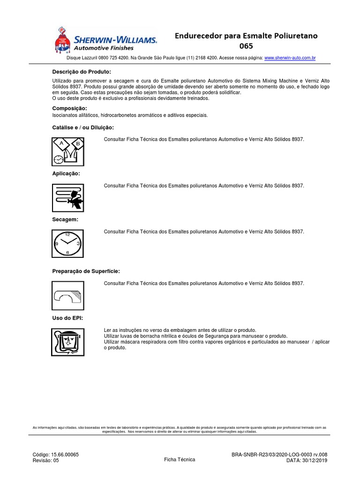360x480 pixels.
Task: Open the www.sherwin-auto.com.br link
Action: pyautogui.click(x=290, y=58)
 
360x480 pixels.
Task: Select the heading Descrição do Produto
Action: pyautogui.click(x=81, y=72)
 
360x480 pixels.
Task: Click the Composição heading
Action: pyautogui.click(x=69, y=108)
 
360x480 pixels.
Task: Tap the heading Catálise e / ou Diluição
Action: pyautogui.click(x=82, y=127)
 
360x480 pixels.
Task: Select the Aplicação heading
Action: pyautogui.click(x=66, y=173)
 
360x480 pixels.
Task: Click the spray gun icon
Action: pyautogui.click(x=67, y=197)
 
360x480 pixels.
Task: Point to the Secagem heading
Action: pyautogui.click(x=65, y=219)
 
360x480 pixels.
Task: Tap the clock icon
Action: pyautogui.click(x=67, y=244)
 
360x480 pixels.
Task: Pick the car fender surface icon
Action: pyautogui.click(x=67, y=295)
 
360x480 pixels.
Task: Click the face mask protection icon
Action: pyautogui.click(x=67, y=343)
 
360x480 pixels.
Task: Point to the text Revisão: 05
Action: pyautogui.click(x=46, y=461)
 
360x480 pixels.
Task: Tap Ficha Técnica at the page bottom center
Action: pyautogui.click(x=180, y=459)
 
